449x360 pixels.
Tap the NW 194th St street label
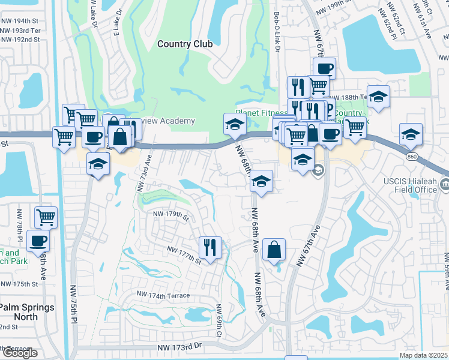tap(20, 19)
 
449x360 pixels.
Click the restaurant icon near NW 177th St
tap(210, 247)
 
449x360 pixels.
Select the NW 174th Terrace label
tap(163, 295)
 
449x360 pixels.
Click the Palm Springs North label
tap(26, 312)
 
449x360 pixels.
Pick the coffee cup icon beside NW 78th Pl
tap(38, 241)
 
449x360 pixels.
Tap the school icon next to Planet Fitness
tap(235, 124)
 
